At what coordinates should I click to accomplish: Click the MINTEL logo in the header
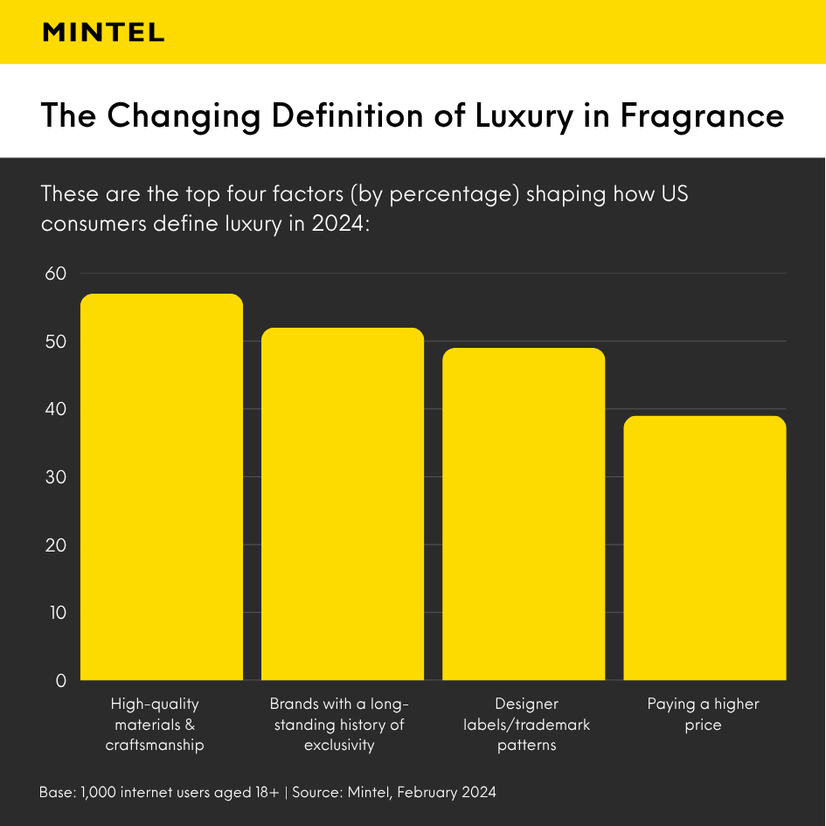(103, 32)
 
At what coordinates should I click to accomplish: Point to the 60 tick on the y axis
(55, 274)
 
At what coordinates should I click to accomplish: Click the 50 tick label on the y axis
(55, 342)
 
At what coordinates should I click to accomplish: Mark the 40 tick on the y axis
(55, 409)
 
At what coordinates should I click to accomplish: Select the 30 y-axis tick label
(55, 477)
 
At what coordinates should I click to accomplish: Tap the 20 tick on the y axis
(55, 545)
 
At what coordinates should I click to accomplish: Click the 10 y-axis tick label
(55, 613)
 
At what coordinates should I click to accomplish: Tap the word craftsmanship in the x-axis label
(155, 746)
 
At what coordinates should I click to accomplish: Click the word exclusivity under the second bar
(339, 746)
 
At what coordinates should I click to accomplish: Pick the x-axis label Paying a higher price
(704, 714)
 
